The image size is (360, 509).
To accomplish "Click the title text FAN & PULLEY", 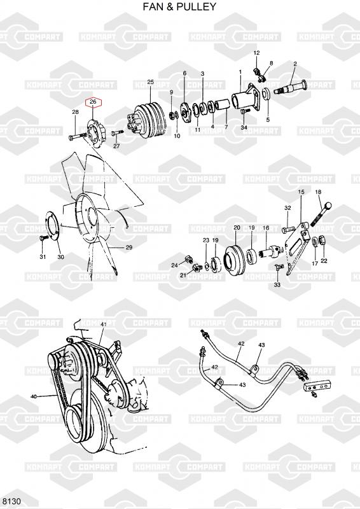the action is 179,6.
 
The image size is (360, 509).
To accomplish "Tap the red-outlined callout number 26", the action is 93,102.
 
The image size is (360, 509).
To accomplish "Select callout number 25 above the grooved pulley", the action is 150,82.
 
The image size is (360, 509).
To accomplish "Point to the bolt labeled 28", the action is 78,137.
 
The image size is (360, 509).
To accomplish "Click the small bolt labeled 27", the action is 117,133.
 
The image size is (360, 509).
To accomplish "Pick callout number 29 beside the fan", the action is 129,248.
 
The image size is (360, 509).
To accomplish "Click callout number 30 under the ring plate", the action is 60,257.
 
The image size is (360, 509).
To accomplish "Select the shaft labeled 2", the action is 290,87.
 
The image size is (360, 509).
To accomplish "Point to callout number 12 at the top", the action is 256,53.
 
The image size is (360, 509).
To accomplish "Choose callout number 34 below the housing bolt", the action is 244,127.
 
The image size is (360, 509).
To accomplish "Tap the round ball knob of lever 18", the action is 328,206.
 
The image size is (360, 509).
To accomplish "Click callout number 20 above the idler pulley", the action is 237,228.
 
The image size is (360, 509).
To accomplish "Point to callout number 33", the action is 277,285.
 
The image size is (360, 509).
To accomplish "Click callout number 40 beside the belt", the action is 34,396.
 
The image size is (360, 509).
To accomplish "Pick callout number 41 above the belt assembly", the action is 104,324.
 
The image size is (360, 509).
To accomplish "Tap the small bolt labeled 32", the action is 289,229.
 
